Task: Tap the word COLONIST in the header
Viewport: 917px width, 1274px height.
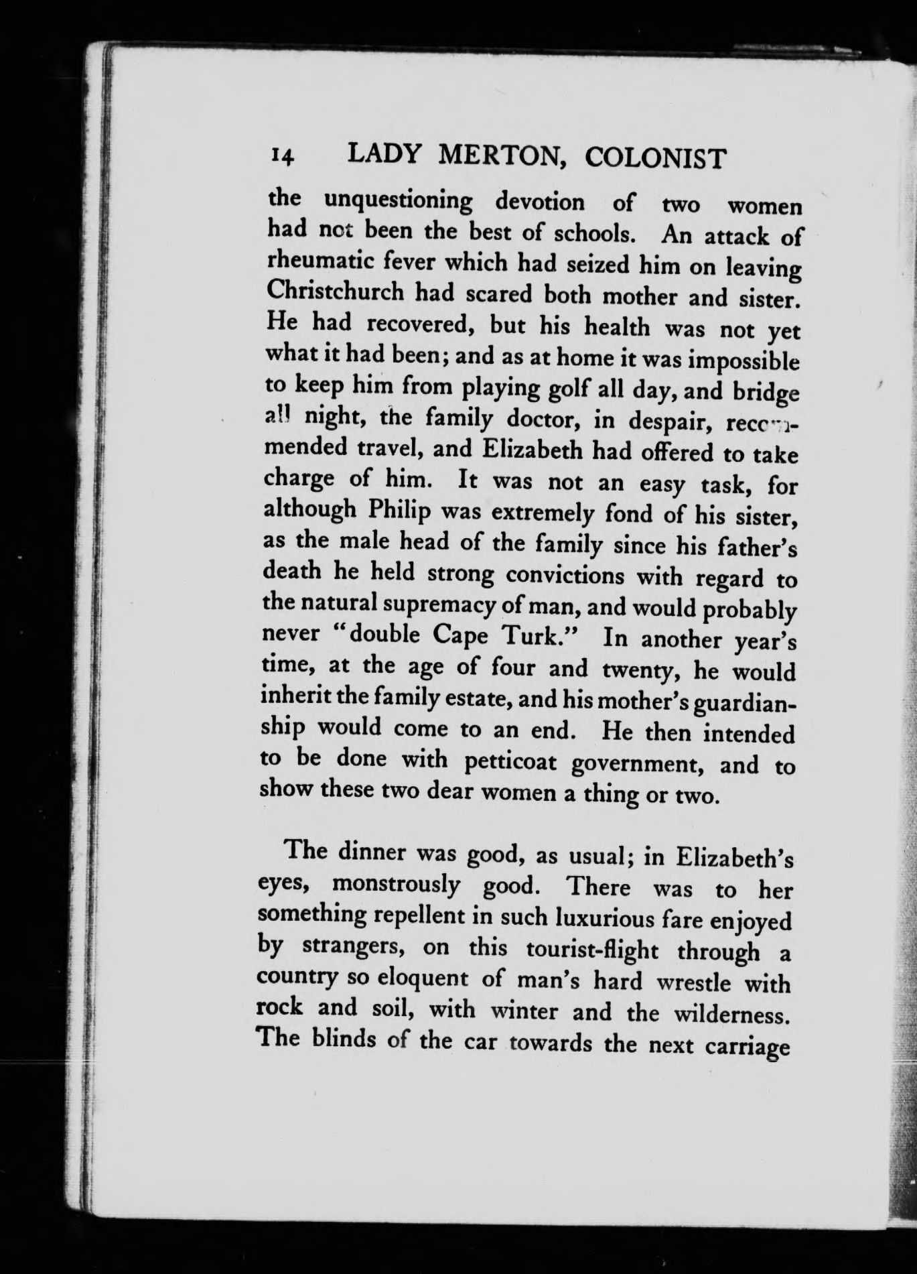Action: [655, 158]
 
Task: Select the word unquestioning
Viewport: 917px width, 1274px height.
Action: [399, 201]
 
